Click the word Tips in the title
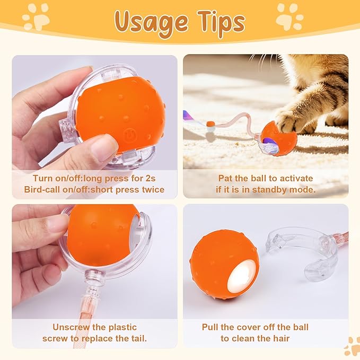coord(218,22)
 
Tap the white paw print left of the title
coord(36,16)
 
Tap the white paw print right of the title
coord(289,16)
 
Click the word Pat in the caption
coord(225,178)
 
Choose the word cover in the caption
coord(254,327)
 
